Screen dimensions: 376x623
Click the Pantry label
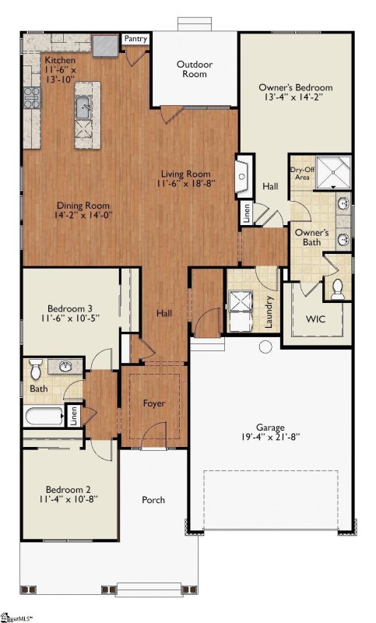(x=135, y=38)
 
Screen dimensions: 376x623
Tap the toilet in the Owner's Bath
(x=338, y=289)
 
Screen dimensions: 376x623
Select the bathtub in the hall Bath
(x=44, y=417)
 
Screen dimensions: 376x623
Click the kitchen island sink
(x=84, y=107)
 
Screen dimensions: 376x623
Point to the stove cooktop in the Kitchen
(x=32, y=98)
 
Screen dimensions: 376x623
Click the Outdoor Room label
(x=195, y=69)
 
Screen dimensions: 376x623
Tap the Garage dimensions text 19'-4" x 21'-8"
(x=270, y=437)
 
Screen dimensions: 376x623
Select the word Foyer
(x=153, y=403)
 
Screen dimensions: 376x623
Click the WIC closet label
(x=315, y=319)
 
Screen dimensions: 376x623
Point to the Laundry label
(x=269, y=312)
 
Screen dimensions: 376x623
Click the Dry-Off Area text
(x=303, y=173)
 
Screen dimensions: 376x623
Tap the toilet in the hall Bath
(x=36, y=369)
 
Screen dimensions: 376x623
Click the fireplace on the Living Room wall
(x=244, y=176)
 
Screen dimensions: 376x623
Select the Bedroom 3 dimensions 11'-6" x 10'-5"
(x=69, y=318)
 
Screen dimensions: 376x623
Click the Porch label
(x=153, y=500)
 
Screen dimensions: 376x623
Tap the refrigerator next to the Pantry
(x=106, y=46)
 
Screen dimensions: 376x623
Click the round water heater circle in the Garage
(x=265, y=347)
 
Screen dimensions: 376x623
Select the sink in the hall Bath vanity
(x=65, y=366)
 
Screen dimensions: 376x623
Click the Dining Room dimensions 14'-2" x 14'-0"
(x=84, y=215)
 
